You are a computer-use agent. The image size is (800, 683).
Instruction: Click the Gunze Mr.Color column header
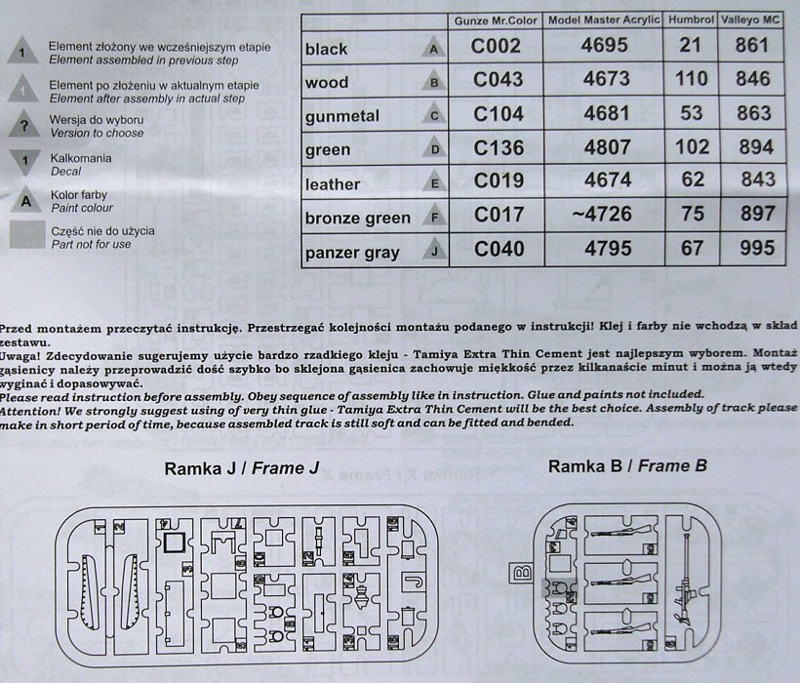(497, 20)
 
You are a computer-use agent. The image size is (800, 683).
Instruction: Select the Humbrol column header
(690, 20)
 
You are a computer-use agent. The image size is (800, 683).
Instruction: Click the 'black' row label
(327, 49)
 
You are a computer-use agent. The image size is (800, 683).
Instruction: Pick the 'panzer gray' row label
(352, 253)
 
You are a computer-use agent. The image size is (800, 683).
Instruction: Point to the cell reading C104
(497, 115)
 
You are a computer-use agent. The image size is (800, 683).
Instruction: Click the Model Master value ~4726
(605, 214)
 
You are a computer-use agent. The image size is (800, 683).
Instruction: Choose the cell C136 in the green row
(497, 149)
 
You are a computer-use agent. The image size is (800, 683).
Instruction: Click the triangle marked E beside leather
(434, 182)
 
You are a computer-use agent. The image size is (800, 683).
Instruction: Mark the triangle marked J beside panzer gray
(434, 251)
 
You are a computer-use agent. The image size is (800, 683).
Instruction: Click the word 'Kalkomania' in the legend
(81, 158)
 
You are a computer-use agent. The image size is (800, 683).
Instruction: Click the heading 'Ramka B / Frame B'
(627, 466)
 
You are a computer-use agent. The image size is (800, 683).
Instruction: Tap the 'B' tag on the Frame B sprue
(521, 571)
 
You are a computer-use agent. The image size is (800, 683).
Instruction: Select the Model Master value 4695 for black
(605, 46)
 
